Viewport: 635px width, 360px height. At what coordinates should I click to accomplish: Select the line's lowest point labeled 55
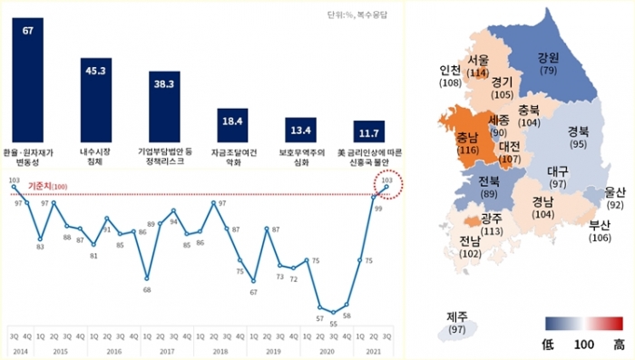click(333, 314)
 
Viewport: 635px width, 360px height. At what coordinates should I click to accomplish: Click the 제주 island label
click(456, 316)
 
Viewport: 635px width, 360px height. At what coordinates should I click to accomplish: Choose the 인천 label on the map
click(450, 70)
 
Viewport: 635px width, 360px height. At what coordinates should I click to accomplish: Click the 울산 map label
click(614, 192)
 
